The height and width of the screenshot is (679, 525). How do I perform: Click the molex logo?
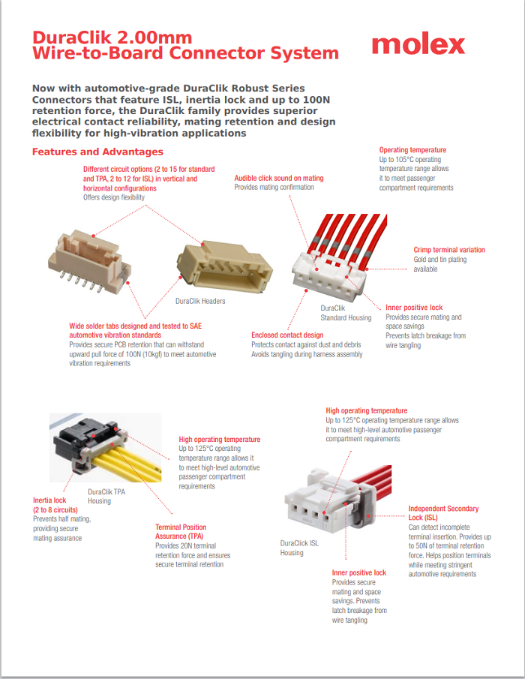[418, 45]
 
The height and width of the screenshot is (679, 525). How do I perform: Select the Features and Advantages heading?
[97, 152]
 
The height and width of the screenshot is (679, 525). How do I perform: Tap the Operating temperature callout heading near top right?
[412, 150]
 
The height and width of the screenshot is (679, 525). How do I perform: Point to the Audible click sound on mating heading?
[279, 178]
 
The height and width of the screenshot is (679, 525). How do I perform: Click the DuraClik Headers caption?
[200, 301]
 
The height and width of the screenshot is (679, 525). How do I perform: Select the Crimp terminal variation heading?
[449, 250]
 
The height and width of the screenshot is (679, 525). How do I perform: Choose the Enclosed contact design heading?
[287, 335]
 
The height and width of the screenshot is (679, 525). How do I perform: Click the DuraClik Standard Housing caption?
[345, 313]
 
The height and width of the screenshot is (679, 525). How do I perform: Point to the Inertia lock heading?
[49, 500]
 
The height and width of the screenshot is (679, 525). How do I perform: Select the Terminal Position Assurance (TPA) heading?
[181, 531]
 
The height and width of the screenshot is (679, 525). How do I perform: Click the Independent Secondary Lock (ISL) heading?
[443, 513]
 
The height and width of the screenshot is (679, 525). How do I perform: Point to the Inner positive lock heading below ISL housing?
[359, 572]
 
